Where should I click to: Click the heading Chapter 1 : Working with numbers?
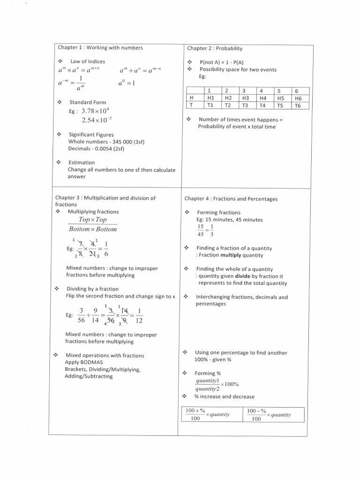tap(100, 48)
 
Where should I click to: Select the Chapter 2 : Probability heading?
tap(215, 48)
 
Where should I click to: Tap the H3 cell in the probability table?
tap(245, 98)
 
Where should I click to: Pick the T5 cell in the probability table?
tap(280, 105)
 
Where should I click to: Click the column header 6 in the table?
tap(296, 90)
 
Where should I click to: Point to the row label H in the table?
tap(191, 98)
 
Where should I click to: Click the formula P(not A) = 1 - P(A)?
tap(221, 62)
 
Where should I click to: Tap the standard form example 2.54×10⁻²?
tap(96, 120)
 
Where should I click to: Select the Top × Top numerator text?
tap(93, 219)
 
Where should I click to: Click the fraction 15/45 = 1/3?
tap(205, 230)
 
